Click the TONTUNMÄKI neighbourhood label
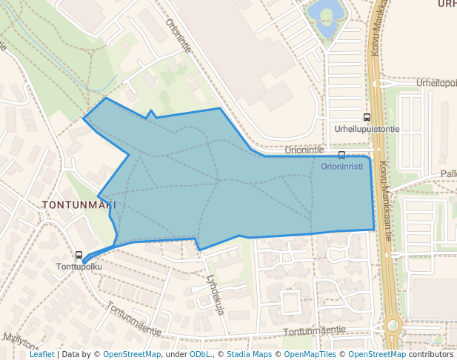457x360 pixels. (x=79, y=204)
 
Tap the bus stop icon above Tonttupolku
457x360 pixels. (x=79, y=255)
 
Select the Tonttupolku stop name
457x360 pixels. (x=79, y=266)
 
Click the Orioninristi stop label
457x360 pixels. (x=341, y=166)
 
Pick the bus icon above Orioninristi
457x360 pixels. (x=341, y=155)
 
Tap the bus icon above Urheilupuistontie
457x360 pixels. (x=367, y=117)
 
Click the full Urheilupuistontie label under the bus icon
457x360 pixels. (x=367, y=128)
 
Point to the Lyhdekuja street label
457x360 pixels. (x=216, y=295)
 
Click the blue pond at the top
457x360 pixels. (x=326, y=13)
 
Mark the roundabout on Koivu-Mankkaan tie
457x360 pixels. (x=392, y=324)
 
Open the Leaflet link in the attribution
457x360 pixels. (x=41, y=355)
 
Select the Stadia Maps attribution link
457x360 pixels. (x=249, y=355)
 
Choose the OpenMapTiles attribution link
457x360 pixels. (x=311, y=355)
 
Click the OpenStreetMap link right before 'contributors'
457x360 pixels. (x=376, y=355)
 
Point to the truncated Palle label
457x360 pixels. (x=448, y=173)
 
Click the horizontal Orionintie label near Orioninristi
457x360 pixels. (x=304, y=149)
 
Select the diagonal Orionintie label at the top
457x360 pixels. (x=179, y=35)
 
